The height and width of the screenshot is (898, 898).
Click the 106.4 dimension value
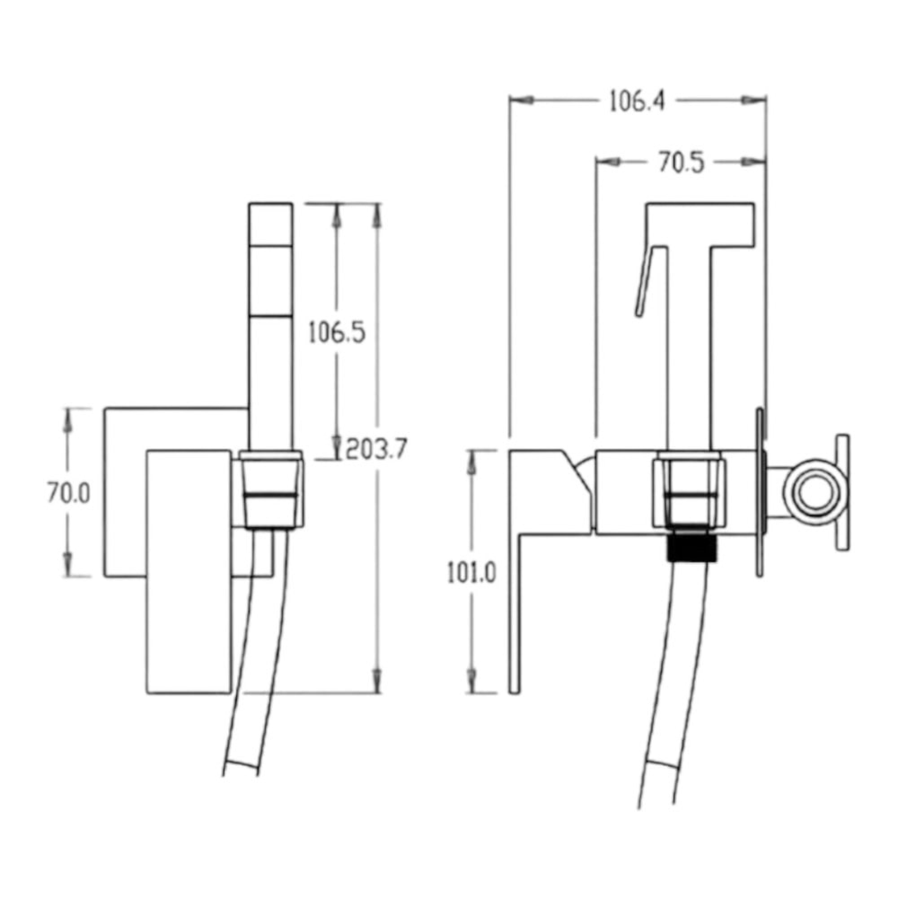[x=637, y=101]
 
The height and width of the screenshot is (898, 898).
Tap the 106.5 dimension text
[x=338, y=333]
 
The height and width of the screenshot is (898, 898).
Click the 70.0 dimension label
[x=68, y=493]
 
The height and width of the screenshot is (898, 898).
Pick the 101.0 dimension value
[x=472, y=573]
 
